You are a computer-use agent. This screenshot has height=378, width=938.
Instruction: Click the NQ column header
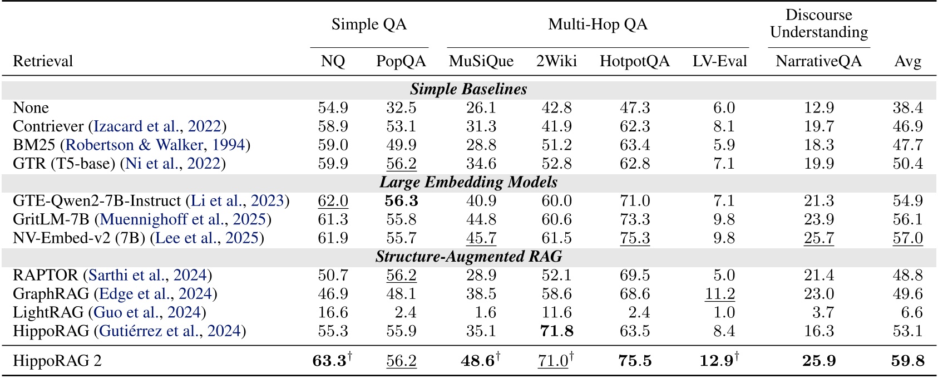[x=333, y=61]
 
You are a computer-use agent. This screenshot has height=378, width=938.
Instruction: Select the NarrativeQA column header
[x=818, y=61]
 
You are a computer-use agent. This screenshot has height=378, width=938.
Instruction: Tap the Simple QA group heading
[x=369, y=24]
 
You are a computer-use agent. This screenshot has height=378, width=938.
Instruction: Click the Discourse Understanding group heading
[x=818, y=23]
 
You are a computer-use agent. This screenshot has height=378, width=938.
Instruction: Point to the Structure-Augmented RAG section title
[x=468, y=256]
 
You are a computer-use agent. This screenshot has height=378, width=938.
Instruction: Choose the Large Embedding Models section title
[x=468, y=182]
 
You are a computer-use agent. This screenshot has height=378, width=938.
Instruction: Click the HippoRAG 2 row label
[x=57, y=361]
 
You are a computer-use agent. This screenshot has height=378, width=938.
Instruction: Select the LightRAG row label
[x=48, y=312]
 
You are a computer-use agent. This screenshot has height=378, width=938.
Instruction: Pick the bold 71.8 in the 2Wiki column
[x=556, y=331]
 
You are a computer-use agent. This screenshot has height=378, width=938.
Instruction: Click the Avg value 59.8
[x=907, y=361]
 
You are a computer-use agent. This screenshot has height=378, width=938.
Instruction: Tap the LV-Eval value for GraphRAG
[x=719, y=294]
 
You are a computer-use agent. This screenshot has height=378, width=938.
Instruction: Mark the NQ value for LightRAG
[x=333, y=312]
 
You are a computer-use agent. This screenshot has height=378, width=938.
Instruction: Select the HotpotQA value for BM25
[x=635, y=145]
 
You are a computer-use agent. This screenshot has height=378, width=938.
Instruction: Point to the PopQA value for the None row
[x=401, y=107]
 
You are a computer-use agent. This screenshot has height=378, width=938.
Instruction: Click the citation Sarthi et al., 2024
[x=147, y=275]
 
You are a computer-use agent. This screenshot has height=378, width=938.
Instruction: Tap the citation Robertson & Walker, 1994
[x=155, y=145]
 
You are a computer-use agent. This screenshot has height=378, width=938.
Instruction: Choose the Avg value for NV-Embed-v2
[x=907, y=238]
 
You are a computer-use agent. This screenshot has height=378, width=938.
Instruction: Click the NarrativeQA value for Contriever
[x=818, y=126]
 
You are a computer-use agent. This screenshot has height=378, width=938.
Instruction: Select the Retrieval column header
[x=43, y=61]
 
